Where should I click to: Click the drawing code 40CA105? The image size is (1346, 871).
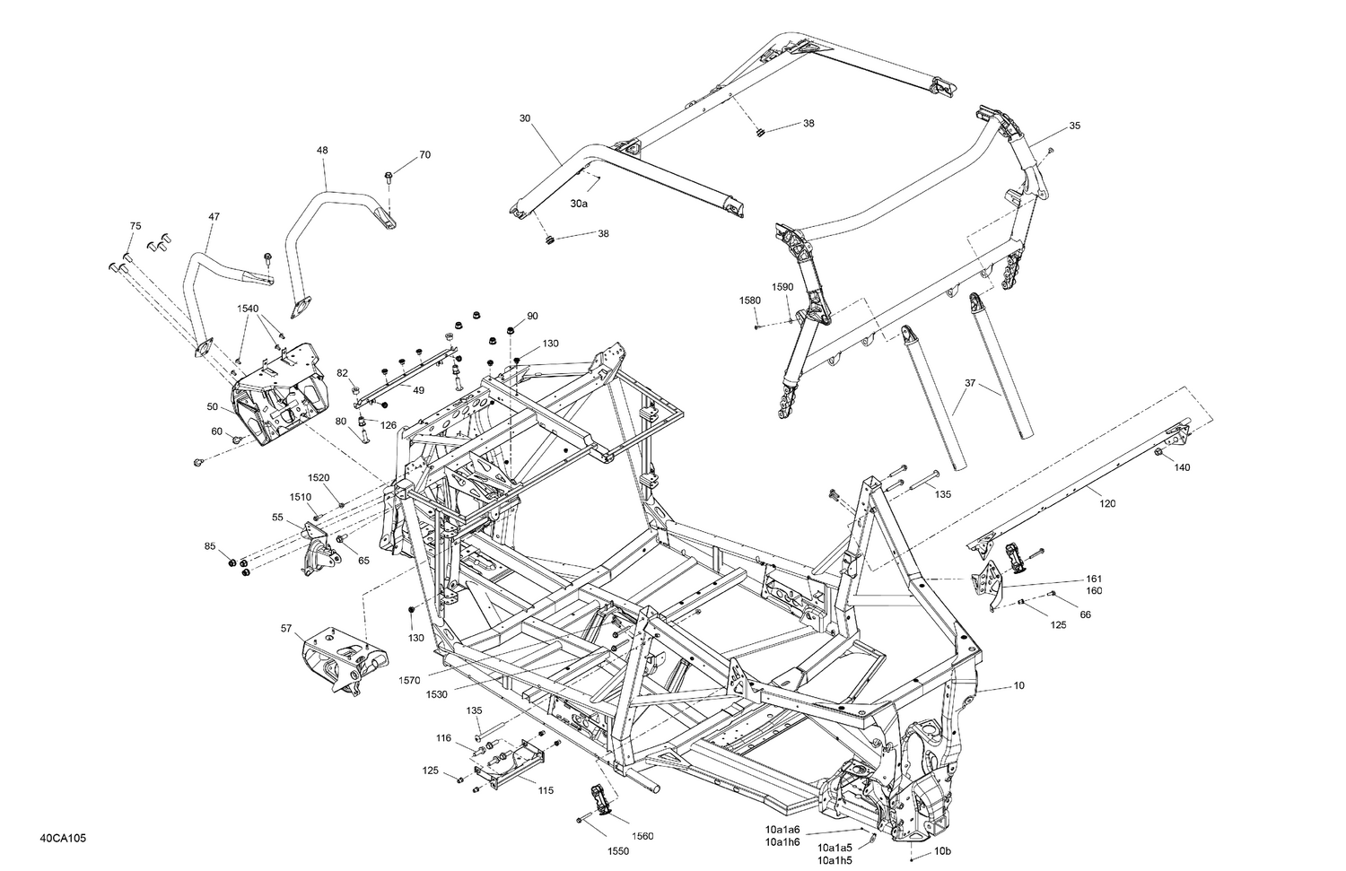(x=63, y=840)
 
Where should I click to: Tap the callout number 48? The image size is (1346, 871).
(x=322, y=151)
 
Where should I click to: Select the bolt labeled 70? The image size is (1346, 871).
(x=388, y=176)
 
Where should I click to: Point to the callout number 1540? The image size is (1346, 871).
(x=248, y=308)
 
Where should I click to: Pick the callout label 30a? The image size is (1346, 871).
(x=579, y=204)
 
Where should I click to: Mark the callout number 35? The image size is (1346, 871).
(x=1075, y=126)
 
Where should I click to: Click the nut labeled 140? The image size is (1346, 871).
(x=1158, y=454)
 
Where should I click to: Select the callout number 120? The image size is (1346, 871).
(x=1107, y=503)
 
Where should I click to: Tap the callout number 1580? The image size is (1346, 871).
(x=750, y=300)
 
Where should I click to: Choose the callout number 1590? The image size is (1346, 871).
(x=782, y=287)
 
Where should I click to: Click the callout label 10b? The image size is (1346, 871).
(x=942, y=850)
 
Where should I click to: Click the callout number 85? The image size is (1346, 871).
(x=210, y=545)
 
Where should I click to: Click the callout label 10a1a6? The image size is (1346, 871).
(x=782, y=830)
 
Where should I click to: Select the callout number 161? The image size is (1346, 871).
(x=1094, y=579)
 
